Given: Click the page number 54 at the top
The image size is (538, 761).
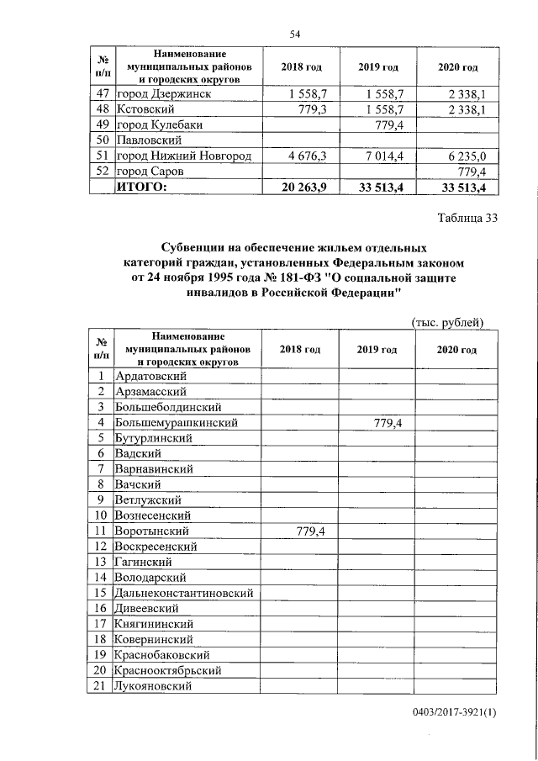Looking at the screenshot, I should pyautogui.click(x=295, y=34).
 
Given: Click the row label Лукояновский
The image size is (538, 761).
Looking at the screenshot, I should pyautogui.click(x=155, y=685).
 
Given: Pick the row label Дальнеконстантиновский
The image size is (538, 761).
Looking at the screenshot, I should pyautogui.click(x=185, y=593).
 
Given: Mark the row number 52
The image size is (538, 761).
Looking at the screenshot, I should pyautogui.click(x=101, y=172).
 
